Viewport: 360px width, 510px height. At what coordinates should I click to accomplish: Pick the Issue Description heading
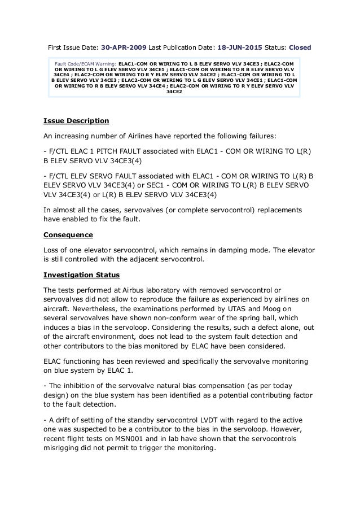(x=76, y=121)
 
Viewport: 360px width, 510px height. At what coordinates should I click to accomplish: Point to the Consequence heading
(x=69, y=234)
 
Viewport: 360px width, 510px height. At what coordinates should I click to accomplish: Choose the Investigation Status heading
(x=81, y=274)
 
